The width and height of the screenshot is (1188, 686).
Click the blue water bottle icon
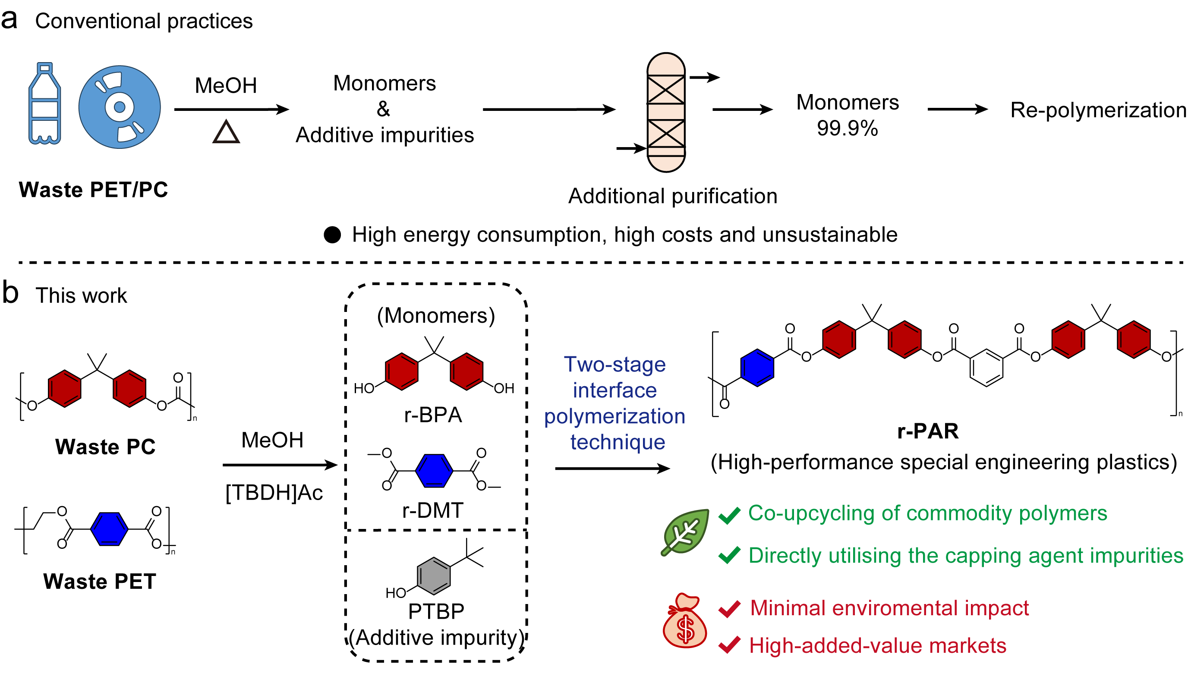coord(44,104)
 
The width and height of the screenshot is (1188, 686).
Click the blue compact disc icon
coord(119,107)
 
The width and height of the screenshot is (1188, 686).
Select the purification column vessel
coord(665,112)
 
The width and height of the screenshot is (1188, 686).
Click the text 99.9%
coord(847,128)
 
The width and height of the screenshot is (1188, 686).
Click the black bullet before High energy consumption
coord(332,235)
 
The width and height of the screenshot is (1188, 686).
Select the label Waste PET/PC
coord(93,190)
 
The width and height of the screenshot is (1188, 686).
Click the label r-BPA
coord(432,415)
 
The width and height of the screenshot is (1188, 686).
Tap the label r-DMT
coord(432,510)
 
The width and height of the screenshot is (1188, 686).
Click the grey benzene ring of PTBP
coord(433,576)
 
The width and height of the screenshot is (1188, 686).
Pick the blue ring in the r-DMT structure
coord(434,470)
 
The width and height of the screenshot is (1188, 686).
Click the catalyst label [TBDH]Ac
coord(274,493)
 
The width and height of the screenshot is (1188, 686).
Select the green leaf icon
coord(685,532)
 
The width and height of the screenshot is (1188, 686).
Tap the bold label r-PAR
coord(927,431)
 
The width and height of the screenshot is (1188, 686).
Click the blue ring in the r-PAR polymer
coord(757,368)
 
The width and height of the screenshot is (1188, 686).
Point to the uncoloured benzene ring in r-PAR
coord(986,368)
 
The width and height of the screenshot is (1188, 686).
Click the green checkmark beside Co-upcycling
coord(729,515)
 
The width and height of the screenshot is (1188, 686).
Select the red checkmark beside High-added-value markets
coord(729,645)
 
